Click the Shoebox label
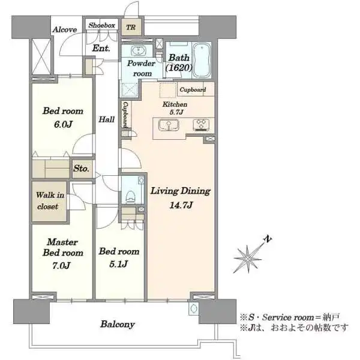101,25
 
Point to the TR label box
131,26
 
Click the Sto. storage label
81,169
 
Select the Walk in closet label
47,201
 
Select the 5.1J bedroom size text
119,263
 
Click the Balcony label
117,325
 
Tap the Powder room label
142,67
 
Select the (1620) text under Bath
178,68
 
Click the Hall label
107,119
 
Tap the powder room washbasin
137,50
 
